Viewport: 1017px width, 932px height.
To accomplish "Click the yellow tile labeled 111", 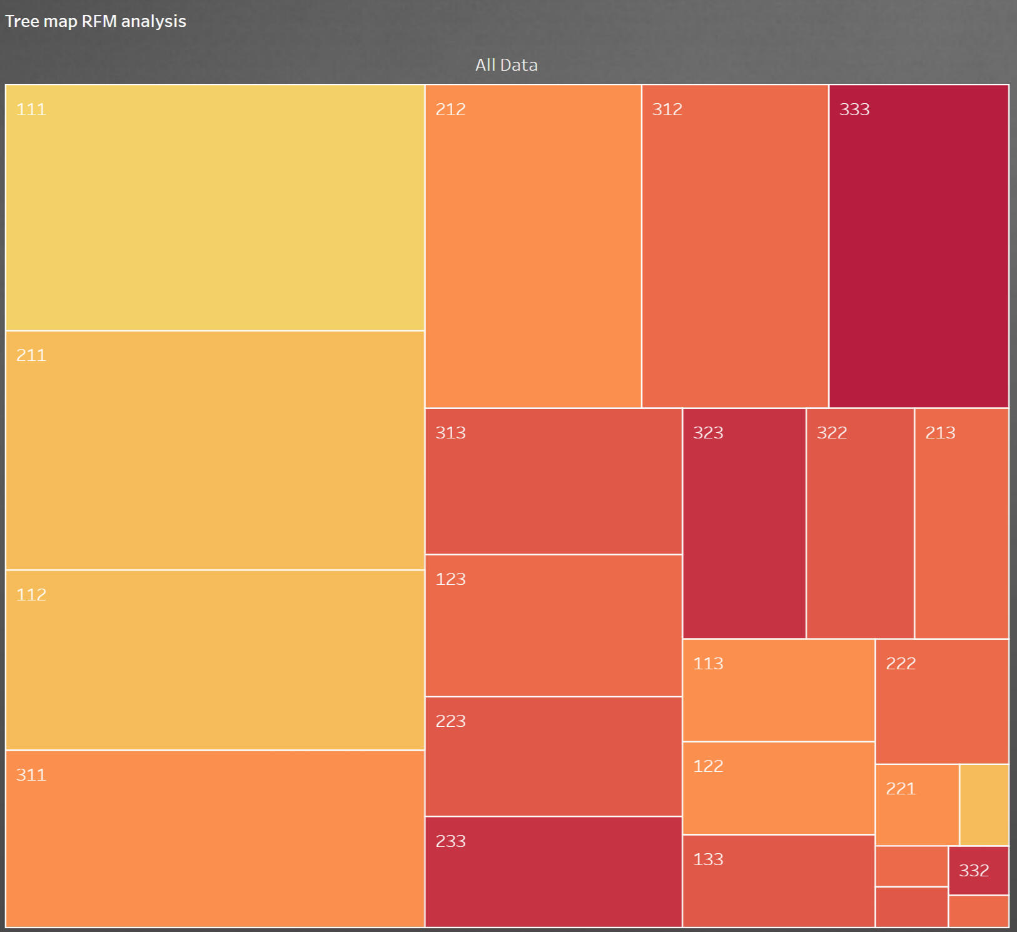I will tap(215, 208).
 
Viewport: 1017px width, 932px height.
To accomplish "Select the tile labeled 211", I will tap(215, 450).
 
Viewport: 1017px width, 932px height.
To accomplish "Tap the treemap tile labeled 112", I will tap(215, 660).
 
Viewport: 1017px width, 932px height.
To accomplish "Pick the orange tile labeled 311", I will tap(215, 838).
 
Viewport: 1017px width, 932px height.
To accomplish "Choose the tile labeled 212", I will tap(533, 246).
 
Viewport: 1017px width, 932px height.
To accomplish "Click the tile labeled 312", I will tap(735, 246).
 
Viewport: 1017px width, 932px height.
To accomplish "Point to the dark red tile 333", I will tap(918, 246).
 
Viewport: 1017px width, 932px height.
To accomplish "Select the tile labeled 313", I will tap(554, 482).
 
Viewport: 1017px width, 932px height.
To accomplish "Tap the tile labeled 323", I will tap(744, 524).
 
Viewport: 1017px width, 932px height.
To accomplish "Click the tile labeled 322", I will tap(860, 524).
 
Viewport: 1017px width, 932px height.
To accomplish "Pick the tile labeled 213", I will tap(961, 524).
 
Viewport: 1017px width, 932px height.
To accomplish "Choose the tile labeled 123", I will tap(554, 626).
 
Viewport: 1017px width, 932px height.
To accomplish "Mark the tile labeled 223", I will tap(554, 756).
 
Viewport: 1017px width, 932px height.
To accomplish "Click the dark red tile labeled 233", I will tap(554, 871).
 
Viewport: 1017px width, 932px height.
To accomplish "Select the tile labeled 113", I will tap(778, 690).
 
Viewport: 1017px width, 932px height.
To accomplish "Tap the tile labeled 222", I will tap(942, 701).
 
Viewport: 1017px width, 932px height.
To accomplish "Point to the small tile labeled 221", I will tap(917, 805).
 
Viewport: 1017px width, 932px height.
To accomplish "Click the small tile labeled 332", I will tap(978, 871).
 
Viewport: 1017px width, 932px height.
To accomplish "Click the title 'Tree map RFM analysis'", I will tap(96, 21).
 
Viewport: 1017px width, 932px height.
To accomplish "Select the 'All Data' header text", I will tap(506, 65).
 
